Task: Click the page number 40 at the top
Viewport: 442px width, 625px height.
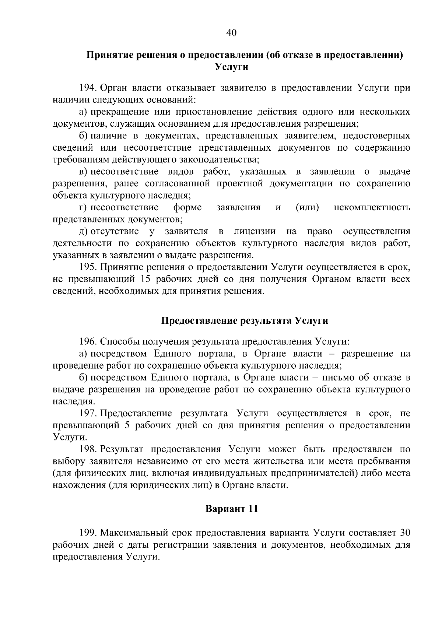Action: (x=231, y=33)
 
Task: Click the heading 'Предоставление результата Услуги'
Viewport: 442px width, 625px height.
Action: (x=245, y=320)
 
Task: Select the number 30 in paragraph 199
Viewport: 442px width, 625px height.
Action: (x=405, y=533)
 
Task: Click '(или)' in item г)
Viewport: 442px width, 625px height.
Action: (x=307, y=207)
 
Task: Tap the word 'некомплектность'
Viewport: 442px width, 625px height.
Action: (x=372, y=207)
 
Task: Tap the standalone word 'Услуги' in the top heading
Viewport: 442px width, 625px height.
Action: (x=231, y=67)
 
